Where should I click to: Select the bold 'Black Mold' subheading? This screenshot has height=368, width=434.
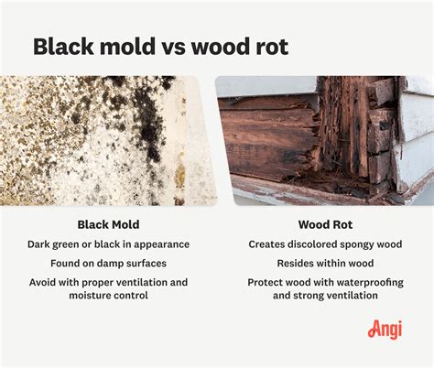[108, 223]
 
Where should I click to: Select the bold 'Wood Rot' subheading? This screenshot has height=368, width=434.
[324, 223]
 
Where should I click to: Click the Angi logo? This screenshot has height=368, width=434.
[385, 328]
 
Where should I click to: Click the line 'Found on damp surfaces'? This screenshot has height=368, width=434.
[108, 264]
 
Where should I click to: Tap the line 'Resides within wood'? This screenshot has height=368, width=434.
[324, 264]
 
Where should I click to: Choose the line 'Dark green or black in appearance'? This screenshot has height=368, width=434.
[108, 244]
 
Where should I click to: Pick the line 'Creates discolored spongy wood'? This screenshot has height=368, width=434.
[324, 244]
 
